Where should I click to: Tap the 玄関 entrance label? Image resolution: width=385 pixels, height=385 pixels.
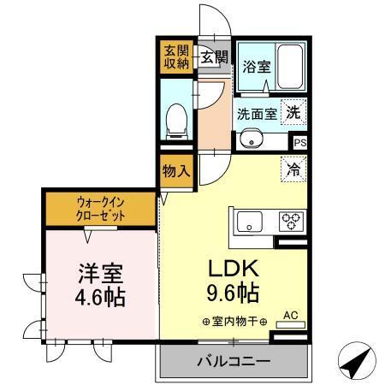click(214, 57)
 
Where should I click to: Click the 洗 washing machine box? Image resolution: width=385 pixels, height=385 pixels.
click(293, 111)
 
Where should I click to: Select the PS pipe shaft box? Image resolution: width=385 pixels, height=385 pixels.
click(299, 144)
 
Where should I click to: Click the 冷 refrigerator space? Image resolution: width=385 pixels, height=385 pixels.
click(293, 169)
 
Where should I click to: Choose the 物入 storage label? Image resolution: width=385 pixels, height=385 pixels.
click(175, 170)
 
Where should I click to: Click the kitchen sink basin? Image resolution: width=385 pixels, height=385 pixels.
click(249, 222)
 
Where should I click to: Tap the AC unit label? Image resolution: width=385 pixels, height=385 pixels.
click(288, 314)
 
